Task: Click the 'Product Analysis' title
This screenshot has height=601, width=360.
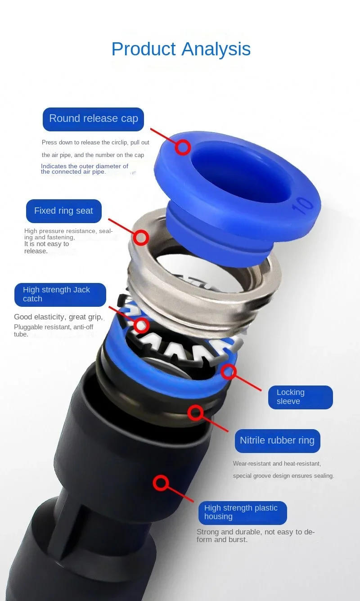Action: point(181,49)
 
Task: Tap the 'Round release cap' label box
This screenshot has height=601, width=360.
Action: point(94,119)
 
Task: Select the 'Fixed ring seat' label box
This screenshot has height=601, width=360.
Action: point(64,211)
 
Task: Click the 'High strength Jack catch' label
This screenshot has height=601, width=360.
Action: point(60,295)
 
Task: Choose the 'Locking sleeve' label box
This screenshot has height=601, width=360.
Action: point(301,397)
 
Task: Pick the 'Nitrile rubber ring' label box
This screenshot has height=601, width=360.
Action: point(277,441)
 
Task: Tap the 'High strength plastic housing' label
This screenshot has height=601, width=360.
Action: point(243,513)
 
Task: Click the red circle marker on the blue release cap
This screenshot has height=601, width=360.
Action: point(183,147)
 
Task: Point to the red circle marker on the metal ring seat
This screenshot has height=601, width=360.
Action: point(141,238)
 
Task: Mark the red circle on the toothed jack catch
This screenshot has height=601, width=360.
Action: point(141,325)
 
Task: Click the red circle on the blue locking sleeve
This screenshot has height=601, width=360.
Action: point(229,372)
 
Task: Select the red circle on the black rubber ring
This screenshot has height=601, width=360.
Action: point(195,413)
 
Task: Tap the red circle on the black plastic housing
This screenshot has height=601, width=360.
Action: point(161,483)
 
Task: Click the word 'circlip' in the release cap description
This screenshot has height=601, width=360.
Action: point(120,143)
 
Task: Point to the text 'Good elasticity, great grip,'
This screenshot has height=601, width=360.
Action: point(58,317)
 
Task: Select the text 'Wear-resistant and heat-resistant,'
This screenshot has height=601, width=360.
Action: point(277,463)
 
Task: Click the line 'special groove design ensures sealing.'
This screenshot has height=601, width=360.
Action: point(283,475)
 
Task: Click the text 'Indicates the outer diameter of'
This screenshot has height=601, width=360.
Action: point(85,166)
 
